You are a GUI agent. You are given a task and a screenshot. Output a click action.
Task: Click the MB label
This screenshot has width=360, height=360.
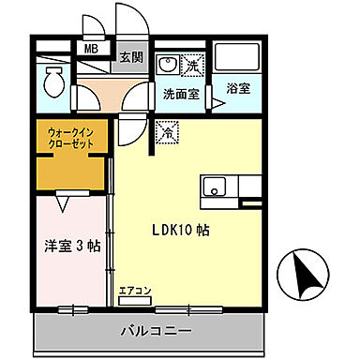pos(92,50)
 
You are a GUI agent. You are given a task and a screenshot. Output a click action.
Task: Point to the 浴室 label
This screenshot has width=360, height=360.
pos(238,89)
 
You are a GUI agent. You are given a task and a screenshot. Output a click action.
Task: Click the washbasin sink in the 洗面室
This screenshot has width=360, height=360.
pos(169,67)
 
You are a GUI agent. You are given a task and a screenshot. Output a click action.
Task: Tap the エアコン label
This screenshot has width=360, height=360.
pos(133,291)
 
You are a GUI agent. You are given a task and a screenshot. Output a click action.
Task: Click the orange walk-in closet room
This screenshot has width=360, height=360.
pos(71,169)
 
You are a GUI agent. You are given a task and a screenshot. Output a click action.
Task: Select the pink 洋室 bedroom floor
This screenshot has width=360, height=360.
pos(70,277)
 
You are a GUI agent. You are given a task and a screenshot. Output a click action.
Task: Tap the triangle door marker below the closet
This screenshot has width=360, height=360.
pos(63,200)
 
